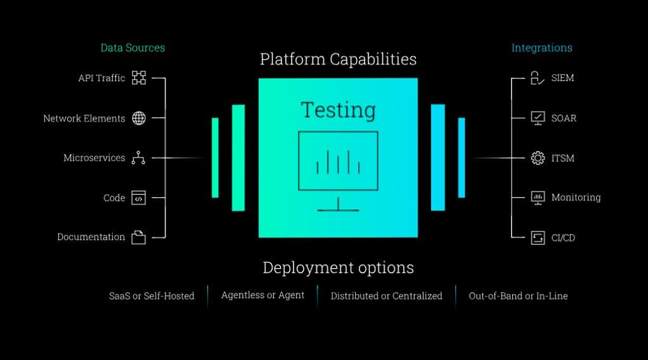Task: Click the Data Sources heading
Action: click(133, 48)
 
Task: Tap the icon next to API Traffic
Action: click(139, 78)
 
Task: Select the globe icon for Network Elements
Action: click(139, 118)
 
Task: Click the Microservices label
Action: click(94, 158)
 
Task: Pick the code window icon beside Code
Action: click(139, 198)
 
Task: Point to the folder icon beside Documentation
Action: click(139, 238)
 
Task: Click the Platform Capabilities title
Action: click(338, 59)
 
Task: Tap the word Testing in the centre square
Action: click(338, 110)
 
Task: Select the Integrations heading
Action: click(541, 48)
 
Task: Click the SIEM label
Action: click(562, 78)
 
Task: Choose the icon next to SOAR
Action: click(538, 118)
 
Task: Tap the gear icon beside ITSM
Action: click(538, 158)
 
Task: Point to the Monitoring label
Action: click(576, 198)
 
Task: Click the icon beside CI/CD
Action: click(538, 238)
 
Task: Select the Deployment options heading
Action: click(338, 267)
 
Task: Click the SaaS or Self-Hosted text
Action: click(152, 296)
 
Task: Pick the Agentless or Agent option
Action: click(262, 295)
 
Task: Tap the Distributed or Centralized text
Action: click(386, 296)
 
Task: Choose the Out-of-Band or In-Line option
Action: click(518, 296)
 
